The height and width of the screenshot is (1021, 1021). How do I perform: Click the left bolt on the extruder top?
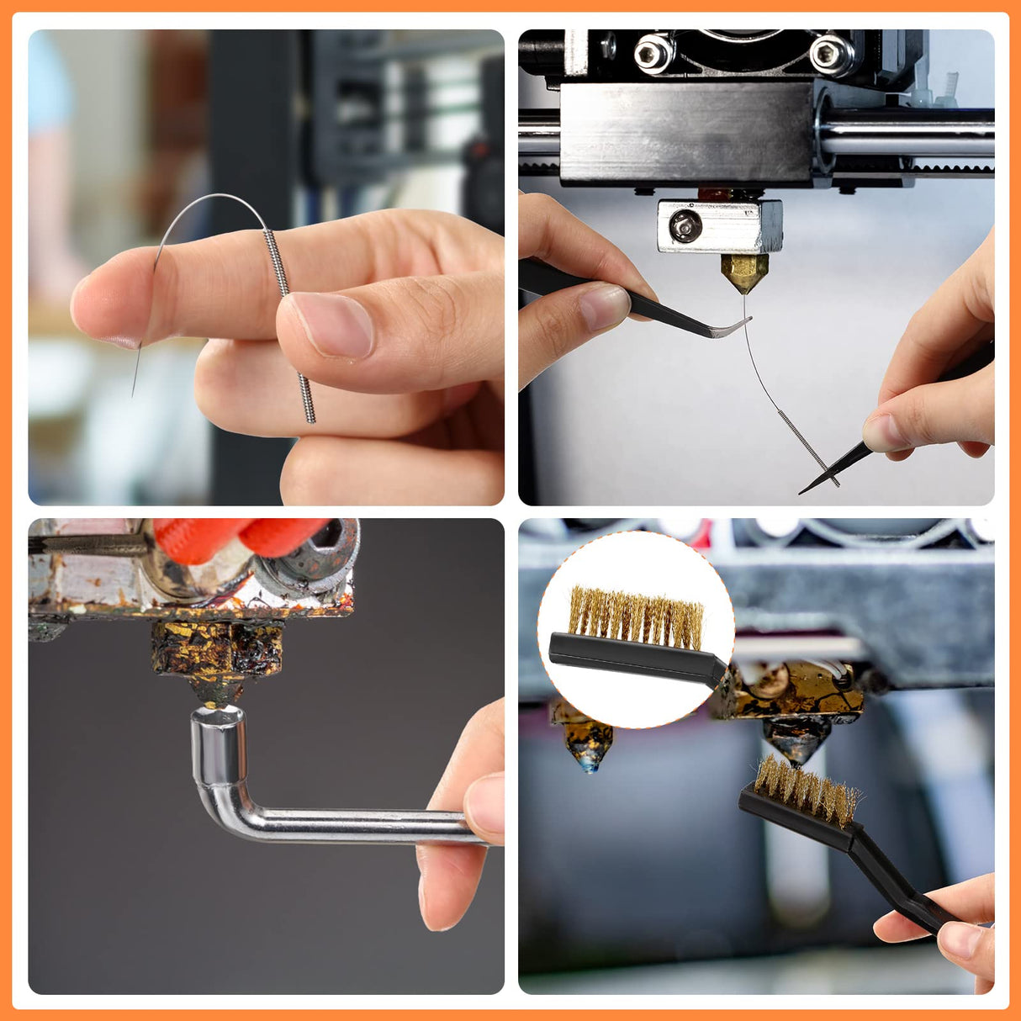pos(653,54)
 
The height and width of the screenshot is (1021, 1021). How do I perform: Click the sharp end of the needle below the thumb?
pos(134,392)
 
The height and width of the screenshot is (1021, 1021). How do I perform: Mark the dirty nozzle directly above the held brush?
pos(795,738)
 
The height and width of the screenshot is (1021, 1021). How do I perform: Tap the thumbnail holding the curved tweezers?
pos(603,308)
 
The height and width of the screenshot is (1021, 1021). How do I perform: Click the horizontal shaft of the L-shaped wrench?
pos(353,825)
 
